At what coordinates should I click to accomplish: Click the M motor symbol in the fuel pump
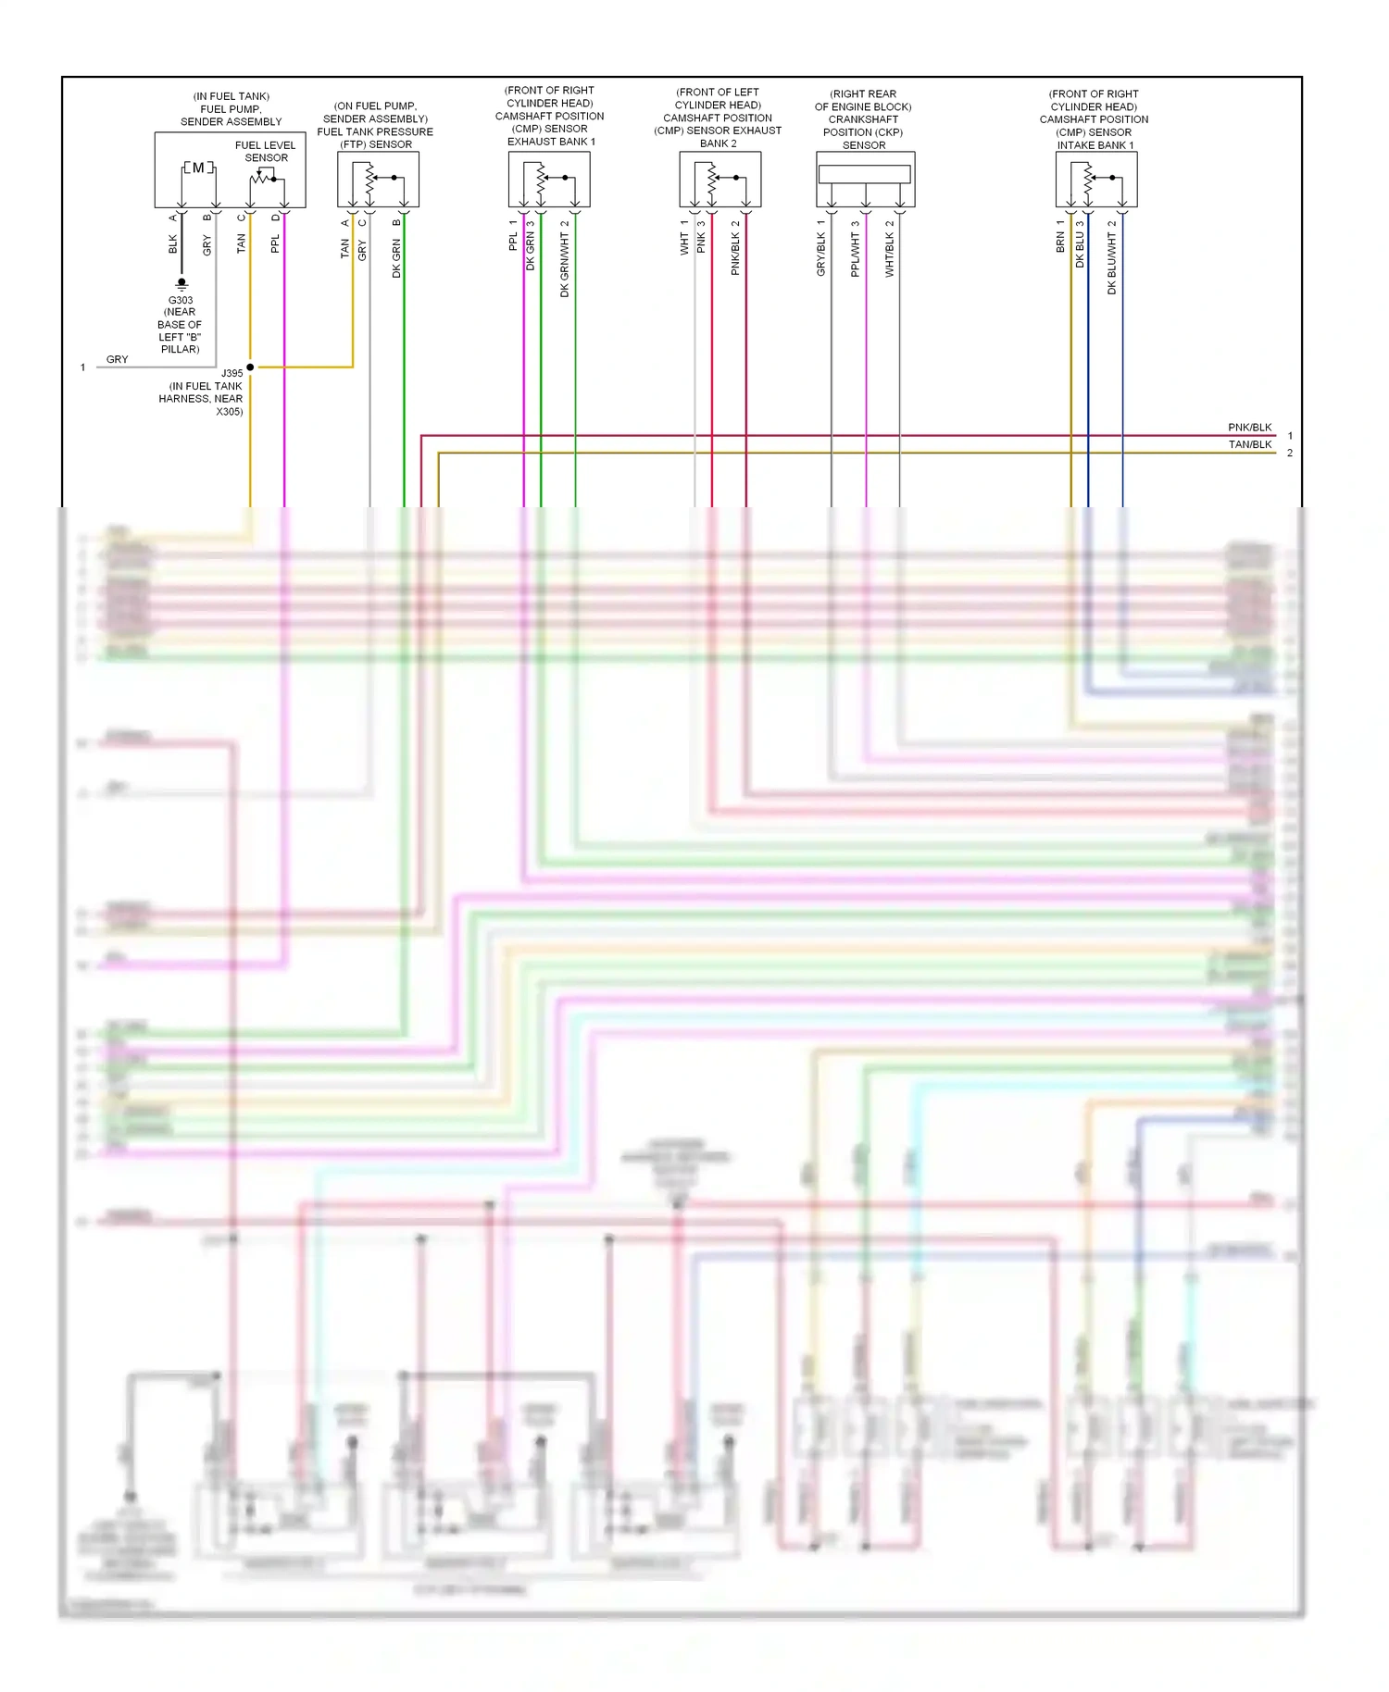pyautogui.click(x=198, y=168)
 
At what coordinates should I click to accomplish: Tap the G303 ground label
pyautogui.click(x=181, y=300)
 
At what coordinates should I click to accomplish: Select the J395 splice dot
pyautogui.click(x=250, y=367)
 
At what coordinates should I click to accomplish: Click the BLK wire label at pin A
pyautogui.click(x=173, y=243)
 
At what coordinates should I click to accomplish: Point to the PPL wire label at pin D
pyautogui.click(x=275, y=243)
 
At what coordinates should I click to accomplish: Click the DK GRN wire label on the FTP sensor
pyautogui.click(x=396, y=258)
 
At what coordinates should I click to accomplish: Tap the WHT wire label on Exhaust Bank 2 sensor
pyautogui.click(x=684, y=243)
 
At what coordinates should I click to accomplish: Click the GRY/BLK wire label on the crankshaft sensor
pyautogui.click(x=821, y=254)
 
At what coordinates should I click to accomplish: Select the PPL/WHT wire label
pyautogui.click(x=856, y=254)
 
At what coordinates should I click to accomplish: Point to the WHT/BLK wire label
pyautogui.click(x=890, y=254)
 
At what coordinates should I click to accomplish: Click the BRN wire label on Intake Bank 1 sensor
pyautogui.click(x=1060, y=243)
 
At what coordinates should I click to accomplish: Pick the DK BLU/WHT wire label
pyautogui.click(x=1112, y=263)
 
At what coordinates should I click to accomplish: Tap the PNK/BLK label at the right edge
pyautogui.click(x=1249, y=428)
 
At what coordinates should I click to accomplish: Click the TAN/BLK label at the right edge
pyautogui.click(x=1249, y=444)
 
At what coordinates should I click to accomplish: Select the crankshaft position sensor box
pyautogui.click(x=865, y=179)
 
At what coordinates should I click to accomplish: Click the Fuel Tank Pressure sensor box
pyautogui.click(x=378, y=179)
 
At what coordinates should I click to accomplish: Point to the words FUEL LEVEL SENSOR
pyautogui.click(x=266, y=151)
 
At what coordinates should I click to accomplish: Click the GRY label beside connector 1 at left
pyautogui.click(x=118, y=359)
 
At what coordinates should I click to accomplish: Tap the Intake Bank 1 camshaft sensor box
pyautogui.click(x=1096, y=179)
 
